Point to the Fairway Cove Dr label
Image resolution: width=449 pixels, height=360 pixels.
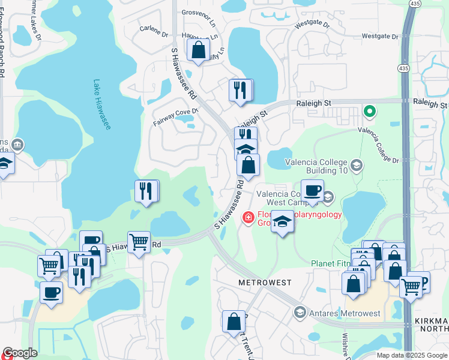(x=175, y=112)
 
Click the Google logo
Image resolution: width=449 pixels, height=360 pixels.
(x=19, y=353)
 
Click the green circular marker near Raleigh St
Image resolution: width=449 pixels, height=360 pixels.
(x=370, y=111)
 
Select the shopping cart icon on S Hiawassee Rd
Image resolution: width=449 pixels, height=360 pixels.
(x=139, y=242)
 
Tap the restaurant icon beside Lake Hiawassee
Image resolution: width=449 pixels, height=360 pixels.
(x=146, y=191)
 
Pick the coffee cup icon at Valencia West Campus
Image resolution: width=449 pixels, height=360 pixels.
(x=312, y=190)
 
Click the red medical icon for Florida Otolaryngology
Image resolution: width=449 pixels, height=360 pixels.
(x=247, y=217)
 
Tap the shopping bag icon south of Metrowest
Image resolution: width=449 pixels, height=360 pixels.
(x=234, y=321)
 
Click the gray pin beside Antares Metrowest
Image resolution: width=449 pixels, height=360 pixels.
(x=300, y=313)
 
